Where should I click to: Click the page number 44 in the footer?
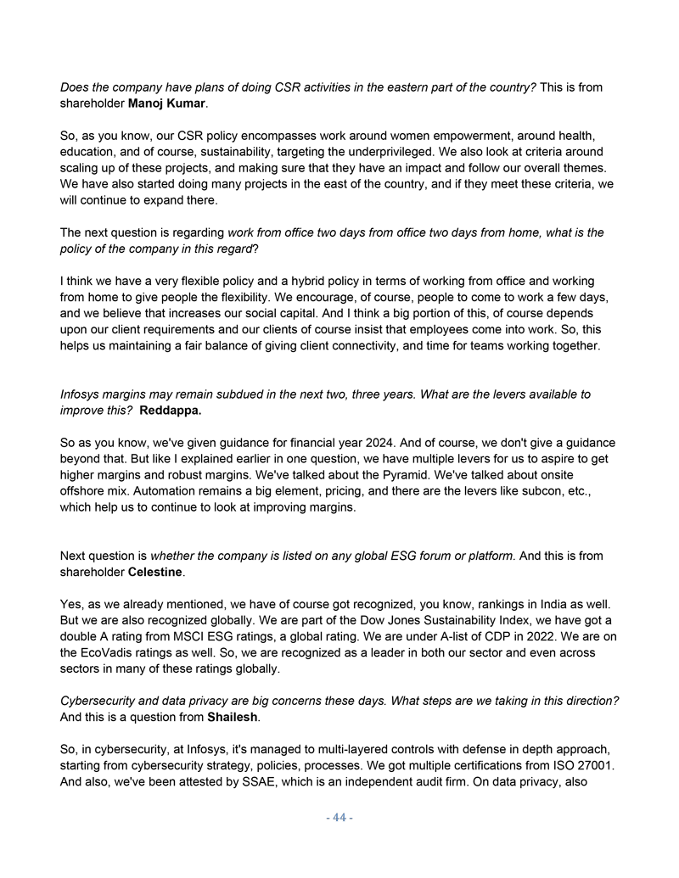click(x=339, y=818)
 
